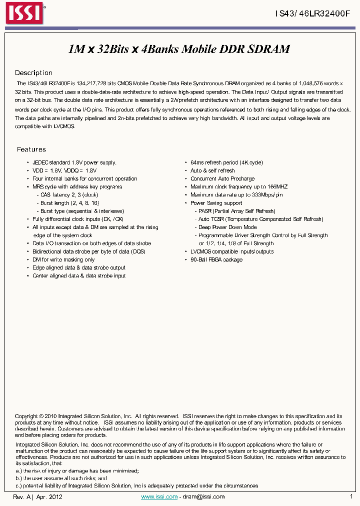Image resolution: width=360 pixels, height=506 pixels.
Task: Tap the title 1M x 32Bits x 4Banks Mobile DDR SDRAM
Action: click(179, 49)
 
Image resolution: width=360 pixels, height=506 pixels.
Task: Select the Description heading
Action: click(33, 73)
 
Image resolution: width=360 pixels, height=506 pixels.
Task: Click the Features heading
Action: click(31, 149)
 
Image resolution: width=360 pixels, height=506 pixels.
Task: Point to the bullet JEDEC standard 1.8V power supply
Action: click(74, 162)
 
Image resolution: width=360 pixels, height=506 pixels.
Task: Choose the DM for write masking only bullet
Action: click(63, 259)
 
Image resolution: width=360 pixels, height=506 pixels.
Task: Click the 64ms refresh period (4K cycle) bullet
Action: click(226, 162)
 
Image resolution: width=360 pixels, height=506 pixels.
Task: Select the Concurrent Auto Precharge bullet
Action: click(222, 178)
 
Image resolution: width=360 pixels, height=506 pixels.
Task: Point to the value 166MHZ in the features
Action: click(277, 187)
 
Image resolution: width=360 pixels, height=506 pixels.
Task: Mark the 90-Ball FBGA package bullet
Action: click(216, 259)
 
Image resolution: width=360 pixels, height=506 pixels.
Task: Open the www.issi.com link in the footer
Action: click(159, 496)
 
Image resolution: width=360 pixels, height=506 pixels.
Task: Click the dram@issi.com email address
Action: click(203, 496)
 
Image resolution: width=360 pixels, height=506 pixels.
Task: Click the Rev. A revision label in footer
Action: click(22, 496)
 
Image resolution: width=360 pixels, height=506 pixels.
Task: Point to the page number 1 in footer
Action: click(351, 496)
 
